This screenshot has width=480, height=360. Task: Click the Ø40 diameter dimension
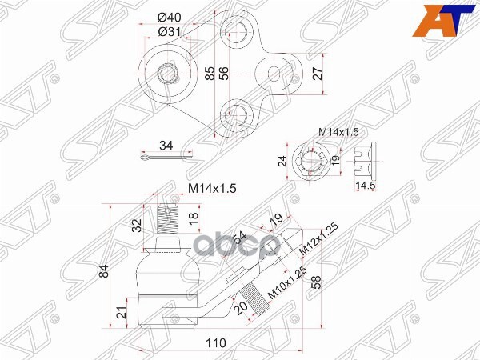pos(169,18)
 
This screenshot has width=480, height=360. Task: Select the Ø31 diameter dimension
pos(168,31)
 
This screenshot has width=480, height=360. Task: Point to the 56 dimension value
pos(226,74)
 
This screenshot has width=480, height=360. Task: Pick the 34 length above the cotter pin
pos(166,146)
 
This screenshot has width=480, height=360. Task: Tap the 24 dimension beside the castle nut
pos(281,160)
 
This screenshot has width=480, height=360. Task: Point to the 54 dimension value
pos(240,238)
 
